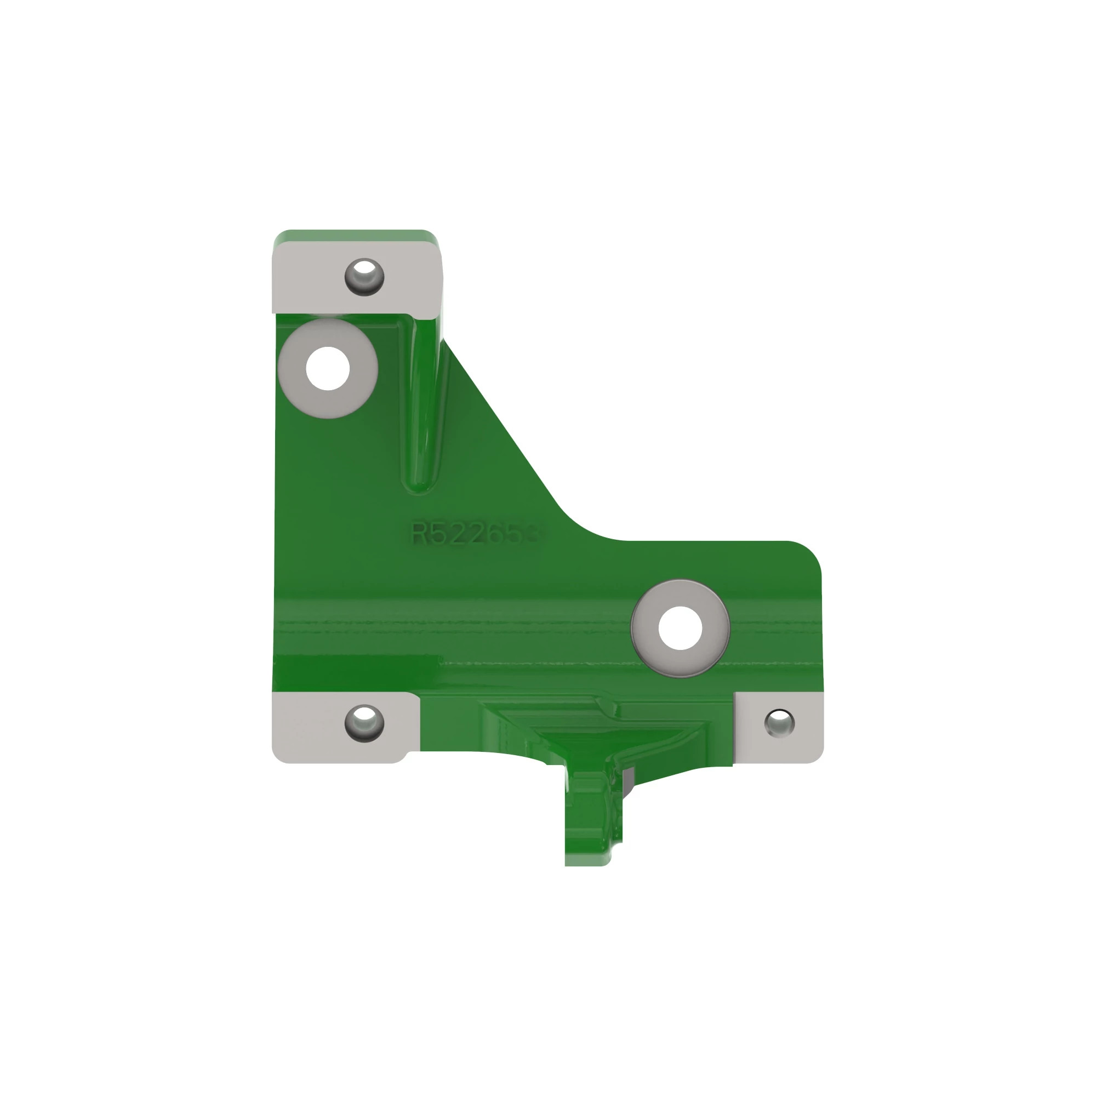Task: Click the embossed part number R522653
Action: click(475, 533)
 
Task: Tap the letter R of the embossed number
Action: click(420, 533)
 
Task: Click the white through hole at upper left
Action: click(327, 369)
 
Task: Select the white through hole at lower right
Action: click(680, 628)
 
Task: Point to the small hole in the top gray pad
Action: click(364, 276)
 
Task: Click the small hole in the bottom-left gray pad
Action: click(364, 723)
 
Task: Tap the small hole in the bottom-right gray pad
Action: click(779, 723)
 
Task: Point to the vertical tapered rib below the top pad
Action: click(421, 408)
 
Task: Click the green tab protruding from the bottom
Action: click(590, 817)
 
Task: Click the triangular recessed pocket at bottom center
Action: click(601, 732)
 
